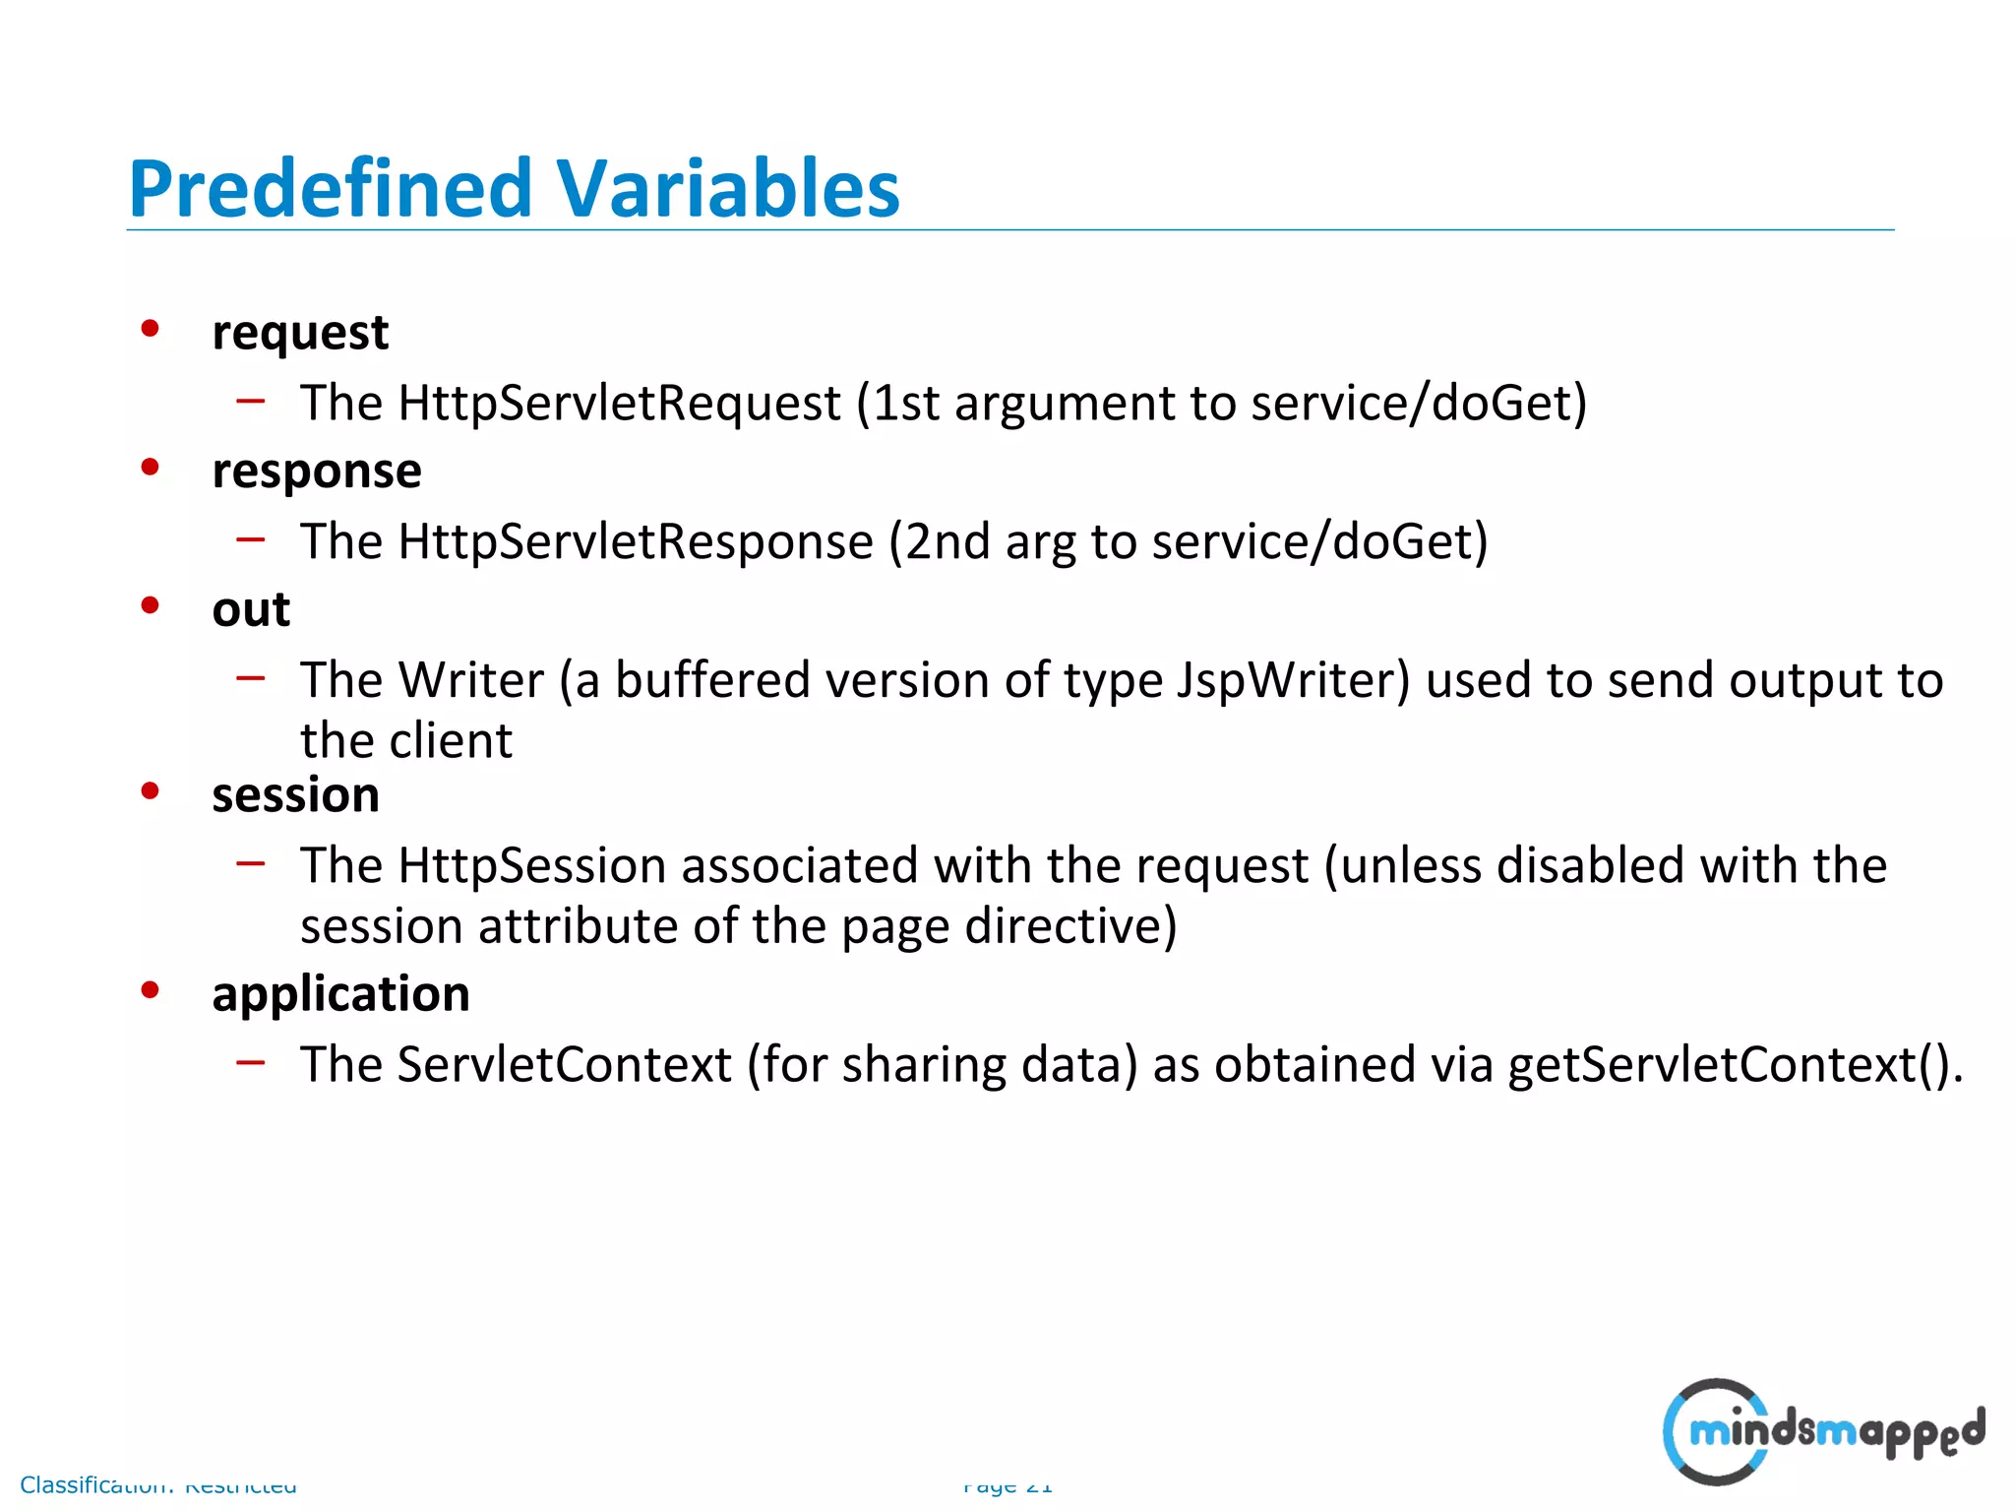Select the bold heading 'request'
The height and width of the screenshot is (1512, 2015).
tap(300, 333)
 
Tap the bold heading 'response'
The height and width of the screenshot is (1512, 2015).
tap(317, 471)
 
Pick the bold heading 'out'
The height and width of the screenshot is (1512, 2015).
tap(251, 609)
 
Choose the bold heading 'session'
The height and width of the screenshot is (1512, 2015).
tap(295, 794)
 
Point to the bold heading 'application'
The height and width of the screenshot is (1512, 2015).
tap(340, 993)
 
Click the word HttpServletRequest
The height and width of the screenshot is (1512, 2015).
tap(619, 403)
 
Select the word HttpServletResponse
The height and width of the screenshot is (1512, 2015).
tap(636, 541)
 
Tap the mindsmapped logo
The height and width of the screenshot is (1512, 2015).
tap(1823, 1431)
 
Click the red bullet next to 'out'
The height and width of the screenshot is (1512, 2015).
tap(150, 605)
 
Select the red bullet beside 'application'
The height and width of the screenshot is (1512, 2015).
tap(150, 989)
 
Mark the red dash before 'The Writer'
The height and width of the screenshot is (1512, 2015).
tap(251, 677)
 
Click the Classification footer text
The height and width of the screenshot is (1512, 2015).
tap(157, 1484)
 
